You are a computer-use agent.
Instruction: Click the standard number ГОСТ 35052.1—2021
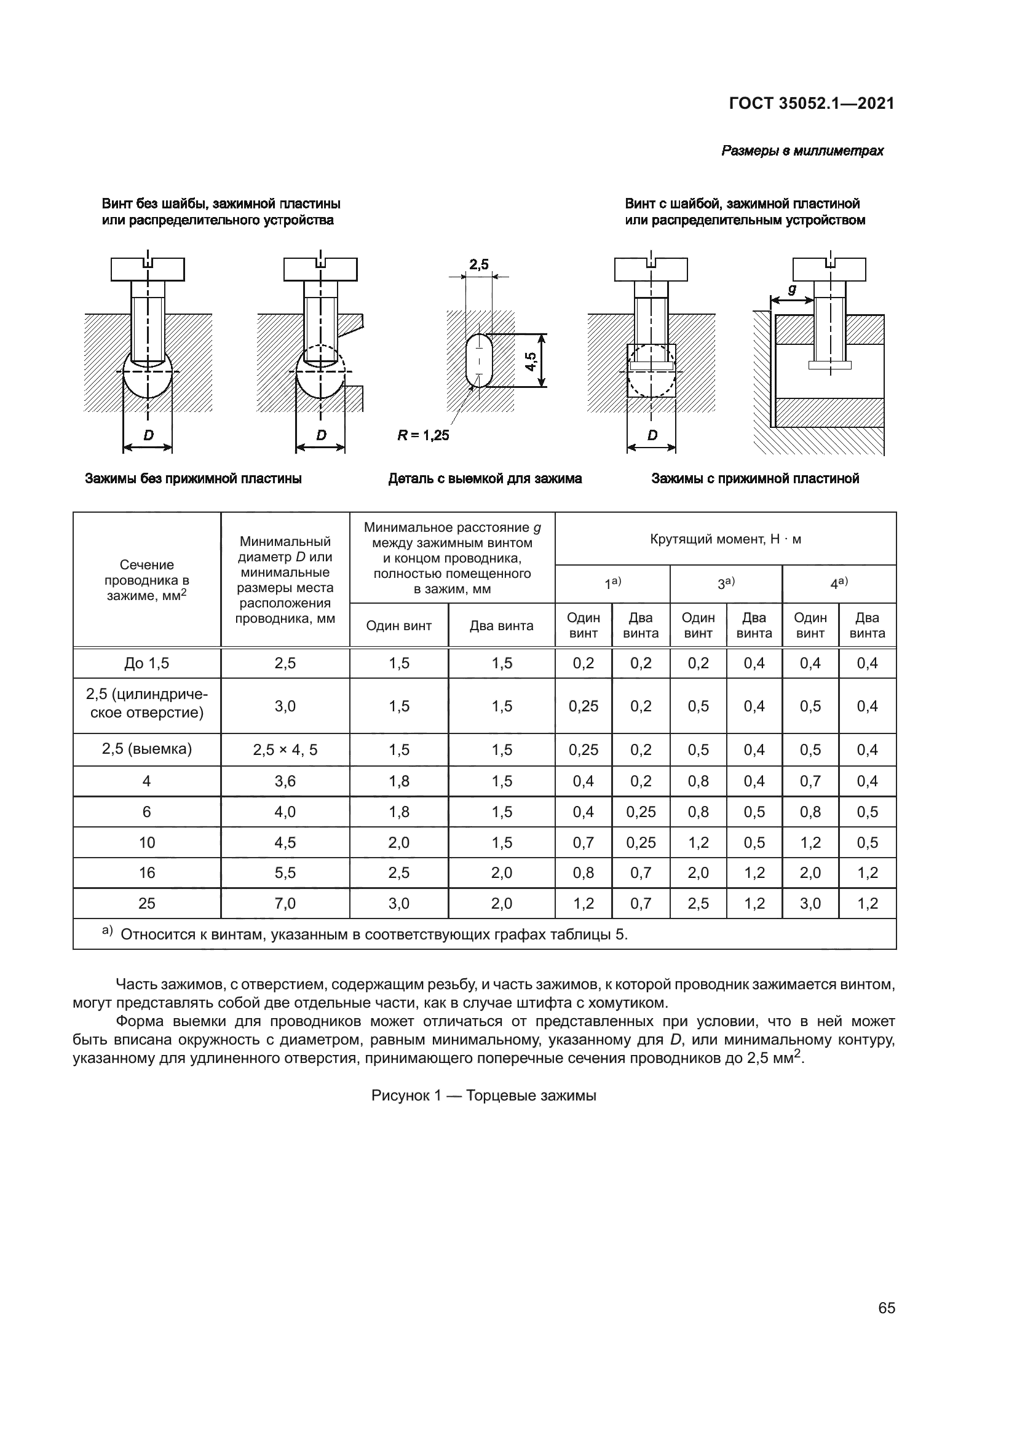(x=811, y=104)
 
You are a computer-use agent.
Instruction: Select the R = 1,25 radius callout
(x=423, y=435)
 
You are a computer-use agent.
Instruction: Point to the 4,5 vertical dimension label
(x=531, y=361)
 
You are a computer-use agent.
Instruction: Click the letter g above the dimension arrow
(x=791, y=290)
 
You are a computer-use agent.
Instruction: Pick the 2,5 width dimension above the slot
(x=479, y=264)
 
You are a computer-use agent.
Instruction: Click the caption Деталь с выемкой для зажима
(x=485, y=479)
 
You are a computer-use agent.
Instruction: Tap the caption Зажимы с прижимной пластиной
(x=755, y=479)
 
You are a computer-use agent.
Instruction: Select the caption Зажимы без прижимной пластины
(x=193, y=479)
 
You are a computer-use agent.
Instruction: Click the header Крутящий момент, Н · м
(x=725, y=539)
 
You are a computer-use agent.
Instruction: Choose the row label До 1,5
(x=146, y=663)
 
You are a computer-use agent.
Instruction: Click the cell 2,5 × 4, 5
(x=285, y=749)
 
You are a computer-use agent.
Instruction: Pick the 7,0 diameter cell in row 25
(x=285, y=903)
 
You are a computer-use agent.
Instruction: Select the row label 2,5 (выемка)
(x=146, y=749)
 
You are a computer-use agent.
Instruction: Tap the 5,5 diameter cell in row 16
(x=285, y=872)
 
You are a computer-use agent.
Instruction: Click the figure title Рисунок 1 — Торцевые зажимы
(x=483, y=1096)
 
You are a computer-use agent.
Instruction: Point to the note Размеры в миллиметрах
(x=802, y=151)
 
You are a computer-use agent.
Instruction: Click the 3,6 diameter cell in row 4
(x=285, y=781)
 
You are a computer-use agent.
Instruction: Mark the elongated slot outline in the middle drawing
(x=479, y=360)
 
